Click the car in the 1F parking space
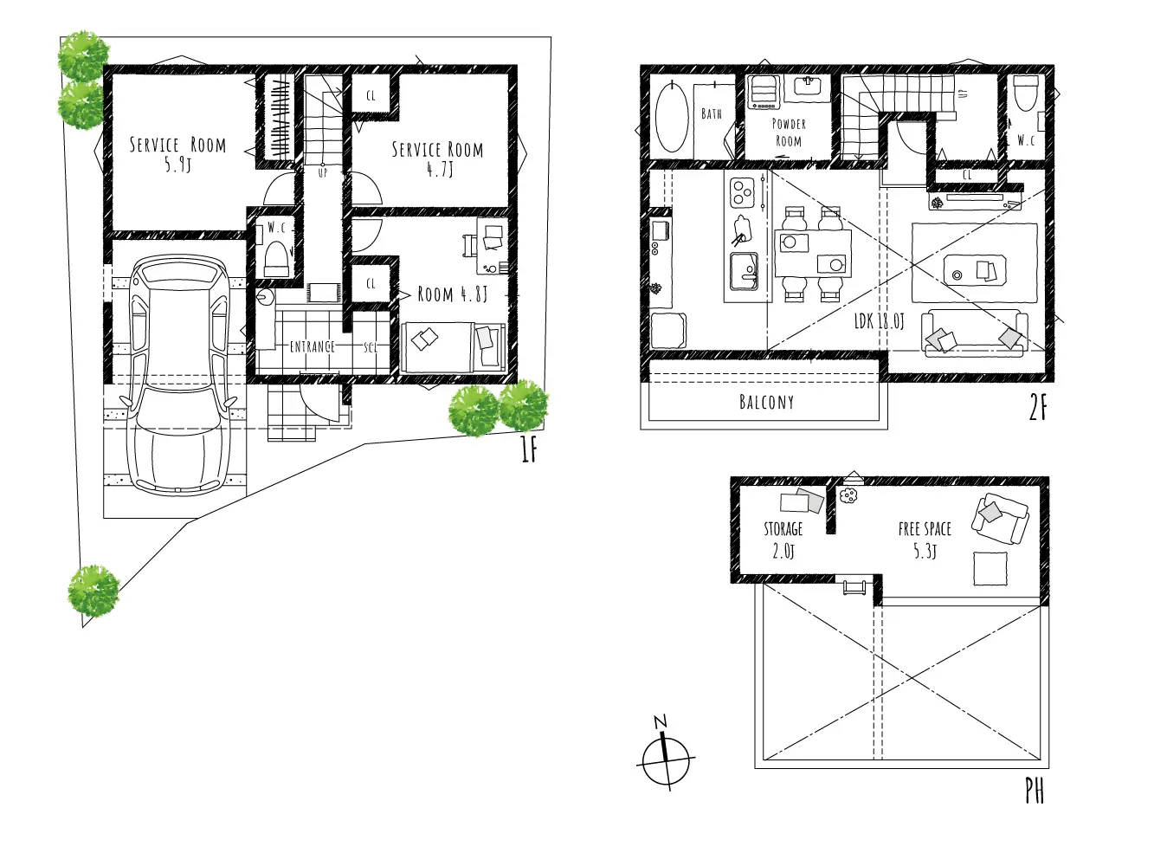pyautogui.click(x=179, y=374)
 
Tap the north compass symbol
pyautogui.click(x=666, y=754)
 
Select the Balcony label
pyautogui.click(x=766, y=402)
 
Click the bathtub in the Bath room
pyautogui.click(x=672, y=116)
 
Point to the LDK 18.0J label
pyautogui.click(x=879, y=320)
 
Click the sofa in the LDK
pyautogui.click(x=975, y=333)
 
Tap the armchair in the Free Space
pyautogui.click(x=999, y=519)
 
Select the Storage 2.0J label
pyautogui.click(x=783, y=540)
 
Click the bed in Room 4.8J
pyautogui.click(x=453, y=347)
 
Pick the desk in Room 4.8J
pyautogui.click(x=492, y=246)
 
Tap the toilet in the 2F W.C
pyautogui.click(x=1025, y=93)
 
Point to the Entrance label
pyautogui.click(x=313, y=346)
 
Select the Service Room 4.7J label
pyautogui.click(x=437, y=158)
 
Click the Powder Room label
pyautogui.click(x=789, y=132)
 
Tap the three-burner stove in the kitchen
pyautogui.click(x=742, y=192)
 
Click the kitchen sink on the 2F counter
pyautogui.click(x=744, y=271)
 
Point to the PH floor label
pyautogui.click(x=1035, y=791)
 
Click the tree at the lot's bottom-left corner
pyautogui.click(x=93, y=591)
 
